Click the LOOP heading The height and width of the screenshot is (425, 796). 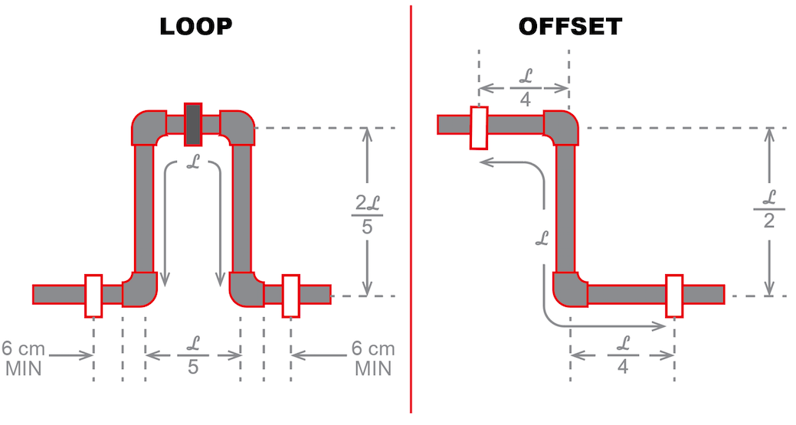[x=195, y=27]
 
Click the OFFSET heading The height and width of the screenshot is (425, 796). [x=570, y=27]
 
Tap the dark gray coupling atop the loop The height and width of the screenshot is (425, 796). [x=193, y=124]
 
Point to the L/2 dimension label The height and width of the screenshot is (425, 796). [x=768, y=209]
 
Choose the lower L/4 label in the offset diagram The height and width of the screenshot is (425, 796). [x=622, y=355]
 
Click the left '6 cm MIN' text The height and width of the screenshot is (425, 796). [x=25, y=358]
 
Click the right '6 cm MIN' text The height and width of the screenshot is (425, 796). [x=373, y=358]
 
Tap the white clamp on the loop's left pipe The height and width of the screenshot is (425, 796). [x=93, y=295]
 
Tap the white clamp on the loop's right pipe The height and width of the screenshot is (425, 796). [x=291, y=295]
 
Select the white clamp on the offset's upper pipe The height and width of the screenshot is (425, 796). [x=480, y=127]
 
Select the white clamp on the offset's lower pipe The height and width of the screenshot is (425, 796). [x=674, y=295]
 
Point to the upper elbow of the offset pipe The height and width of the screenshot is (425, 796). [x=562, y=127]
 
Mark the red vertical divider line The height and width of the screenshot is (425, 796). [x=411, y=230]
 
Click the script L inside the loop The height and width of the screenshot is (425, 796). [x=193, y=162]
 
